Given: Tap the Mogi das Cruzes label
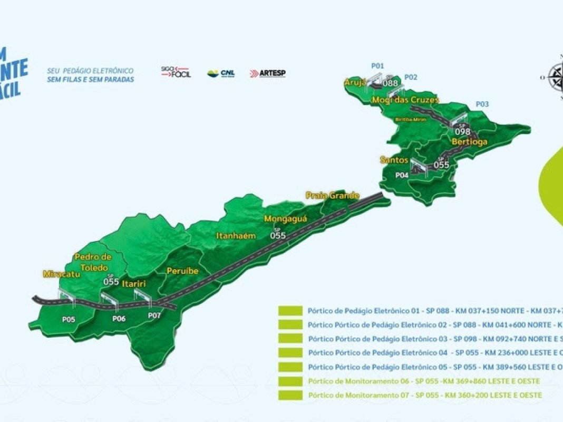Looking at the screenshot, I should tap(405, 100).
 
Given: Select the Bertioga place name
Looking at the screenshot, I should tap(469, 142).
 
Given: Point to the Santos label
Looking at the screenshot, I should tap(394, 159).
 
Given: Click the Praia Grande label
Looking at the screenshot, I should tap(333, 196).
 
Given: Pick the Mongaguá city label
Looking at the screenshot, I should tap(285, 219).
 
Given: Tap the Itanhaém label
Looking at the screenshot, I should tap(236, 236).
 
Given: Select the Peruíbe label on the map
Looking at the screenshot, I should tap(182, 271).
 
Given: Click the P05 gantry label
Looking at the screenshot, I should tap(69, 319).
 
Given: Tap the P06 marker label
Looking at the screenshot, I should tap(120, 319).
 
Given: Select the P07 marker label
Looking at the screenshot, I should tap(154, 315).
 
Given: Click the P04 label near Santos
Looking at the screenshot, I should tap(402, 175).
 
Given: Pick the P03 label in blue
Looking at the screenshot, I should tap(482, 104).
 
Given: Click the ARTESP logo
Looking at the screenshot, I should tap(268, 73).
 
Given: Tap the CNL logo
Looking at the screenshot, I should tap(221, 73).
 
